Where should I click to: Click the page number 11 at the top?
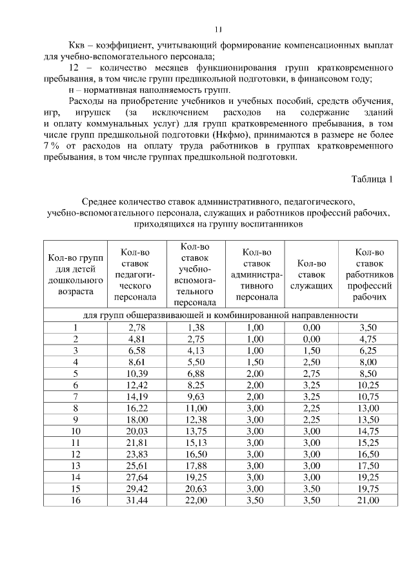pyautogui.click(x=218, y=29)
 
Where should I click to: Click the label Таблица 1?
pyautogui.click(x=371, y=178)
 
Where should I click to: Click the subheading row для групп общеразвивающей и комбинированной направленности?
pyautogui.click(x=221, y=315)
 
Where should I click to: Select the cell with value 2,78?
pyautogui.click(x=136, y=327)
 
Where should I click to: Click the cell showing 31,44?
pyautogui.click(x=136, y=500)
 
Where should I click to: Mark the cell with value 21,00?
pyautogui.click(x=370, y=500)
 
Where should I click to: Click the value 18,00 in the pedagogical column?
pyautogui.click(x=136, y=419)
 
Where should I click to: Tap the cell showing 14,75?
pyautogui.click(x=370, y=431)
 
